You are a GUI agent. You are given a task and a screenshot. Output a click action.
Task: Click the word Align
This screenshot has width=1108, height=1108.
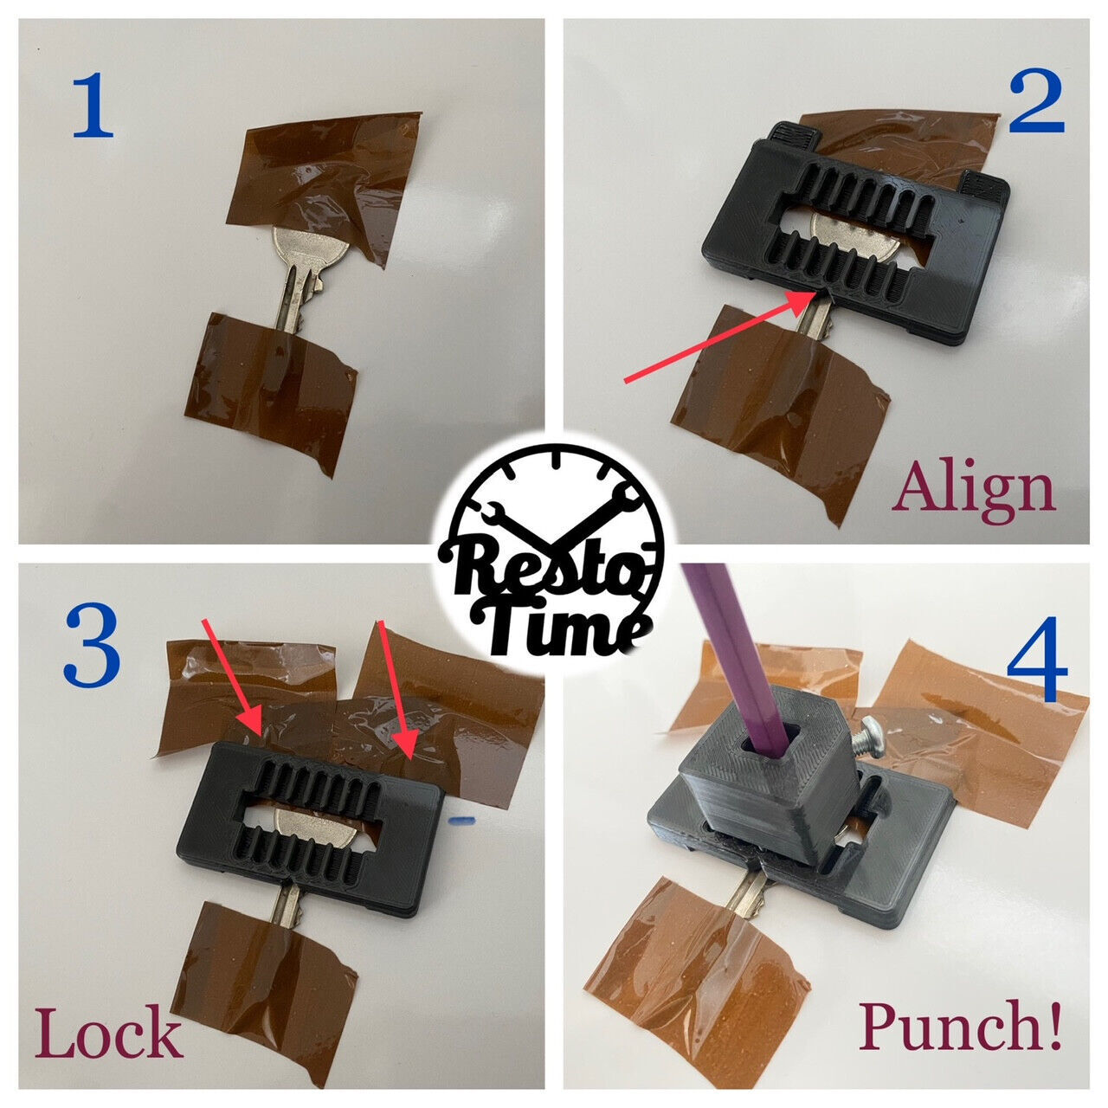point(975,490)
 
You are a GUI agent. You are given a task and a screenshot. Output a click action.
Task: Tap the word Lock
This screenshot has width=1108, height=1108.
point(109,1035)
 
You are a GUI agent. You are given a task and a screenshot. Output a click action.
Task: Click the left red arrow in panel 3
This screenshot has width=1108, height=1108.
point(231,675)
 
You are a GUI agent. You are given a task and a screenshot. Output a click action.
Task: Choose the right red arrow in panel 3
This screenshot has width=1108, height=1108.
point(395,684)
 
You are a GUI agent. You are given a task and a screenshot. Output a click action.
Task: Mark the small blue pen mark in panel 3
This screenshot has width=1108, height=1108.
point(464,816)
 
